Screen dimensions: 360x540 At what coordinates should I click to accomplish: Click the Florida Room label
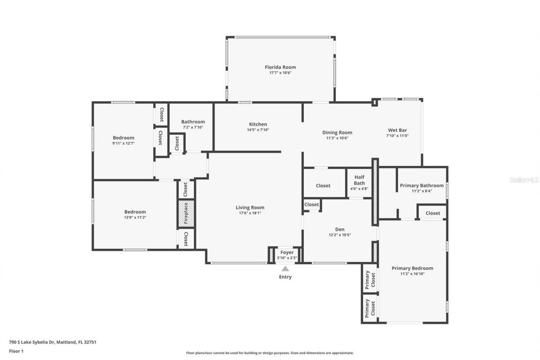[280, 67]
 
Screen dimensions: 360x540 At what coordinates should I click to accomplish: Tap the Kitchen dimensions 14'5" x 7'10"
[258, 130]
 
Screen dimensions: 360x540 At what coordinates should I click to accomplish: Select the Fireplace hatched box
[186, 214]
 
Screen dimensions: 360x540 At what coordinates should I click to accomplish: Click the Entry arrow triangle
[285, 268]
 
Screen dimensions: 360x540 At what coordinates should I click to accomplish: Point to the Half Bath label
[359, 180]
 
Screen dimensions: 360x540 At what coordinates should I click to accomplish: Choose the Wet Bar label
[397, 130]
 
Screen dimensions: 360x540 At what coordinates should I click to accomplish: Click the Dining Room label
[337, 133]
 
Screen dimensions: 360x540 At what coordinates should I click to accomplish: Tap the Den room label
[340, 230]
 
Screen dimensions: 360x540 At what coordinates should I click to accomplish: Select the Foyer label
[287, 252]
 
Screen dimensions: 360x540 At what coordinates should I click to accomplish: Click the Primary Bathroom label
[421, 186]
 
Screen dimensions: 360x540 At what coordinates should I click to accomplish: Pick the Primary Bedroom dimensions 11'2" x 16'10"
[412, 273]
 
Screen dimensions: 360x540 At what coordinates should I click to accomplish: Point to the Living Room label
[250, 207]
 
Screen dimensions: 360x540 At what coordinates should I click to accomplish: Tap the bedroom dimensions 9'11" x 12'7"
[123, 143]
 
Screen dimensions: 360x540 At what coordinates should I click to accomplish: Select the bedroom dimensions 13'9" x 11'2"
[135, 217]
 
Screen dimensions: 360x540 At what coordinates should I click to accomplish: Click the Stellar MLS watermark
[524, 180]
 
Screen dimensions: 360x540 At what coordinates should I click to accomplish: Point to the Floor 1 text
[16, 351]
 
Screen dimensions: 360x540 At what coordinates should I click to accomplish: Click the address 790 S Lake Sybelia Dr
[52, 342]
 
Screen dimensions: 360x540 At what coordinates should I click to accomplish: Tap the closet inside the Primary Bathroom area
[432, 213]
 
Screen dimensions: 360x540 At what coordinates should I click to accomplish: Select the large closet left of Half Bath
[323, 186]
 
